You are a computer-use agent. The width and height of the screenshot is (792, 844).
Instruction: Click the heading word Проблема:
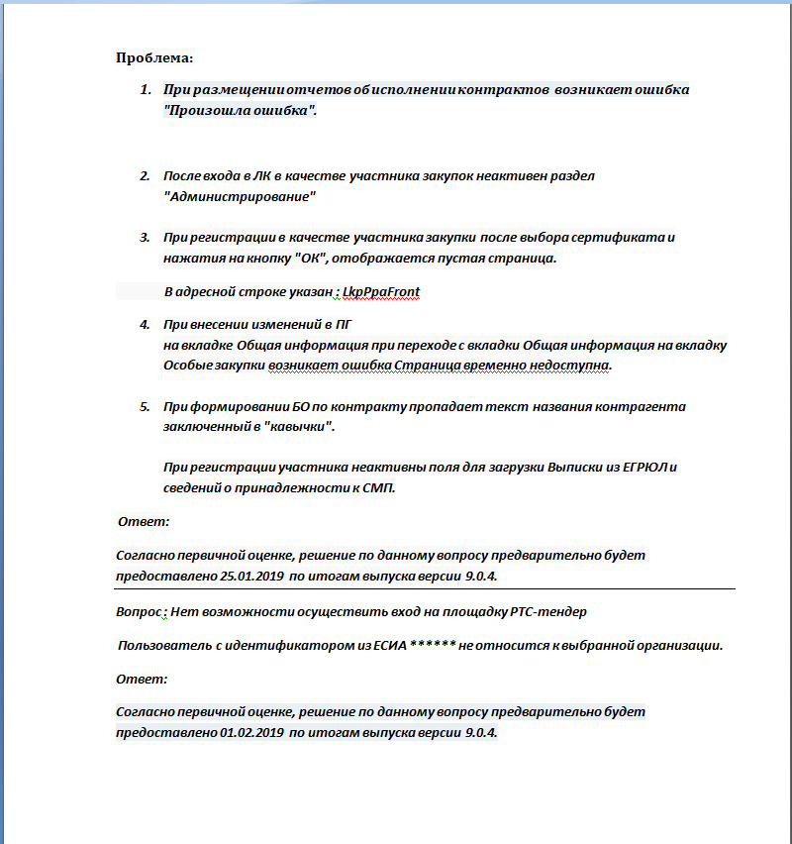(153, 57)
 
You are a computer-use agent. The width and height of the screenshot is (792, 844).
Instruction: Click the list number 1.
(145, 90)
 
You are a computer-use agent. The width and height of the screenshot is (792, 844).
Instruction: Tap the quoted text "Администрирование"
(239, 196)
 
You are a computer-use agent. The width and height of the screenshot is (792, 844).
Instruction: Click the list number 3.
(145, 239)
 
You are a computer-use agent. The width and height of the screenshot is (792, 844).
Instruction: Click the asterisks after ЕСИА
(432, 646)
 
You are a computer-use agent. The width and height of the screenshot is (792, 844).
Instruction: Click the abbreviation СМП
(380, 488)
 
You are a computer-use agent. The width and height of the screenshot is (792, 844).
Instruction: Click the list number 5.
(145, 407)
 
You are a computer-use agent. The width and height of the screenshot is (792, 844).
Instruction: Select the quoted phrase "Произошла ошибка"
(241, 110)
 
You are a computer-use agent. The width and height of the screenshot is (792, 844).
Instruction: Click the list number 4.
(145, 325)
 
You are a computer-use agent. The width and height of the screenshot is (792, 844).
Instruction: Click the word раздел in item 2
(571, 176)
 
